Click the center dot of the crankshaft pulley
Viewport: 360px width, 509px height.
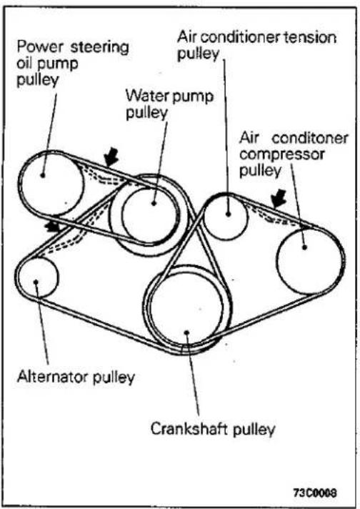point(186,332)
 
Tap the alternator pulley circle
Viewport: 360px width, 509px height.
point(20,277)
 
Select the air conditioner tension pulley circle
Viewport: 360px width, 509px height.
point(204,217)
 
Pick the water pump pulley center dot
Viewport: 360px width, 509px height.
point(154,203)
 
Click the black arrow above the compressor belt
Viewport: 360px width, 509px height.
point(279,198)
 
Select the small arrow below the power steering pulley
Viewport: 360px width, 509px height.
point(53,226)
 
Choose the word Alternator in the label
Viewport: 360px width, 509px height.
point(53,377)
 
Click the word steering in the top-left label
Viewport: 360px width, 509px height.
point(99,47)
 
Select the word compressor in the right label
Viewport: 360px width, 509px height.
point(281,154)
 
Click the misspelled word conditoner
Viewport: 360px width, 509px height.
point(310,138)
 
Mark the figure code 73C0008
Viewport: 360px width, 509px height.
point(315,493)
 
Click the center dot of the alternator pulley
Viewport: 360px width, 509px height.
point(36,282)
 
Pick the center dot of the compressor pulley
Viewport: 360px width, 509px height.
point(304,247)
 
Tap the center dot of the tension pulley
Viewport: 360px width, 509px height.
point(229,214)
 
